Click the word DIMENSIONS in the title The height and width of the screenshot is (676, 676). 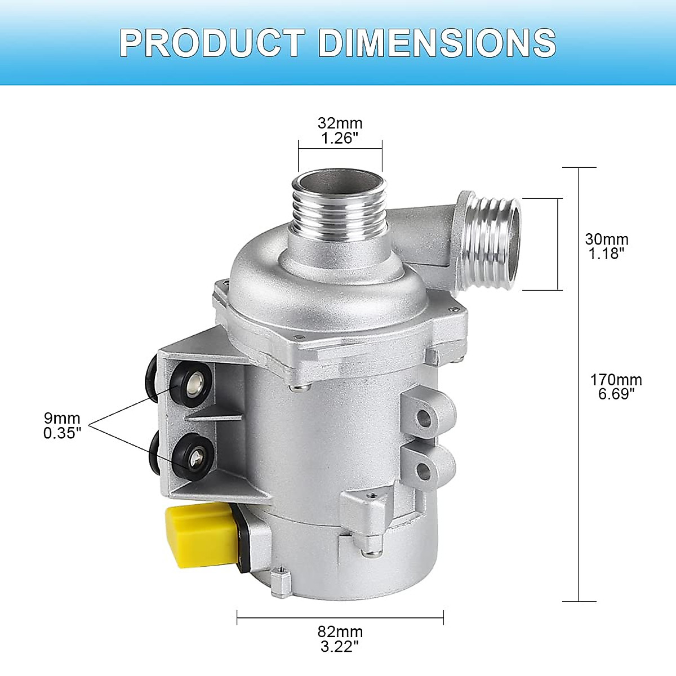437,42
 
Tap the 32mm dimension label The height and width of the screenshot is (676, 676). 340,123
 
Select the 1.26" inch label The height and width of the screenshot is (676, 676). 340,138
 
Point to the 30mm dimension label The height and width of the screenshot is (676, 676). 607,239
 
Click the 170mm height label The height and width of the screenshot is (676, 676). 616,380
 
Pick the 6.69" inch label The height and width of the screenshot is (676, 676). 616,394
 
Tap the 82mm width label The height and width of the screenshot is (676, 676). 340,632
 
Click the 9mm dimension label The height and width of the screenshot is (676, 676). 62,419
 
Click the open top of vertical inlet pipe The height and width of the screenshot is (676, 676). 338,183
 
